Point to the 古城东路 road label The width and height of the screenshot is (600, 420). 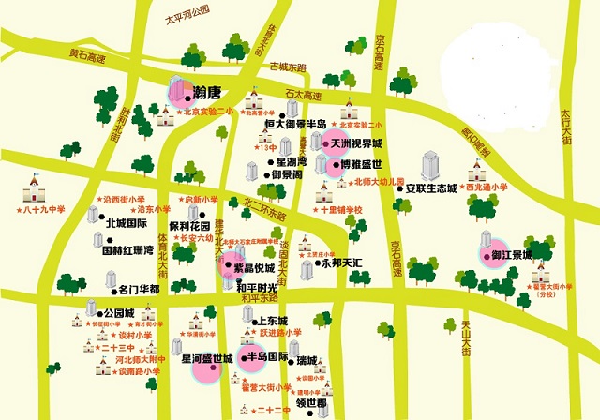[x=288, y=67]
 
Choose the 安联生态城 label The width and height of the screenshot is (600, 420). [x=430, y=188]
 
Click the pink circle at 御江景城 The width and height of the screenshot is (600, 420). [x=491, y=255]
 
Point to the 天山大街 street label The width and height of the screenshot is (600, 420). [x=465, y=337]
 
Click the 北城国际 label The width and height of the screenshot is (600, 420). [x=127, y=224]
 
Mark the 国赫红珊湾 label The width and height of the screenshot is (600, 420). [x=127, y=250]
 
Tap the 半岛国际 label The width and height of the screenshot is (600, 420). [x=266, y=357]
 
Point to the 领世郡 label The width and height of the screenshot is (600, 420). [x=311, y=403]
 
